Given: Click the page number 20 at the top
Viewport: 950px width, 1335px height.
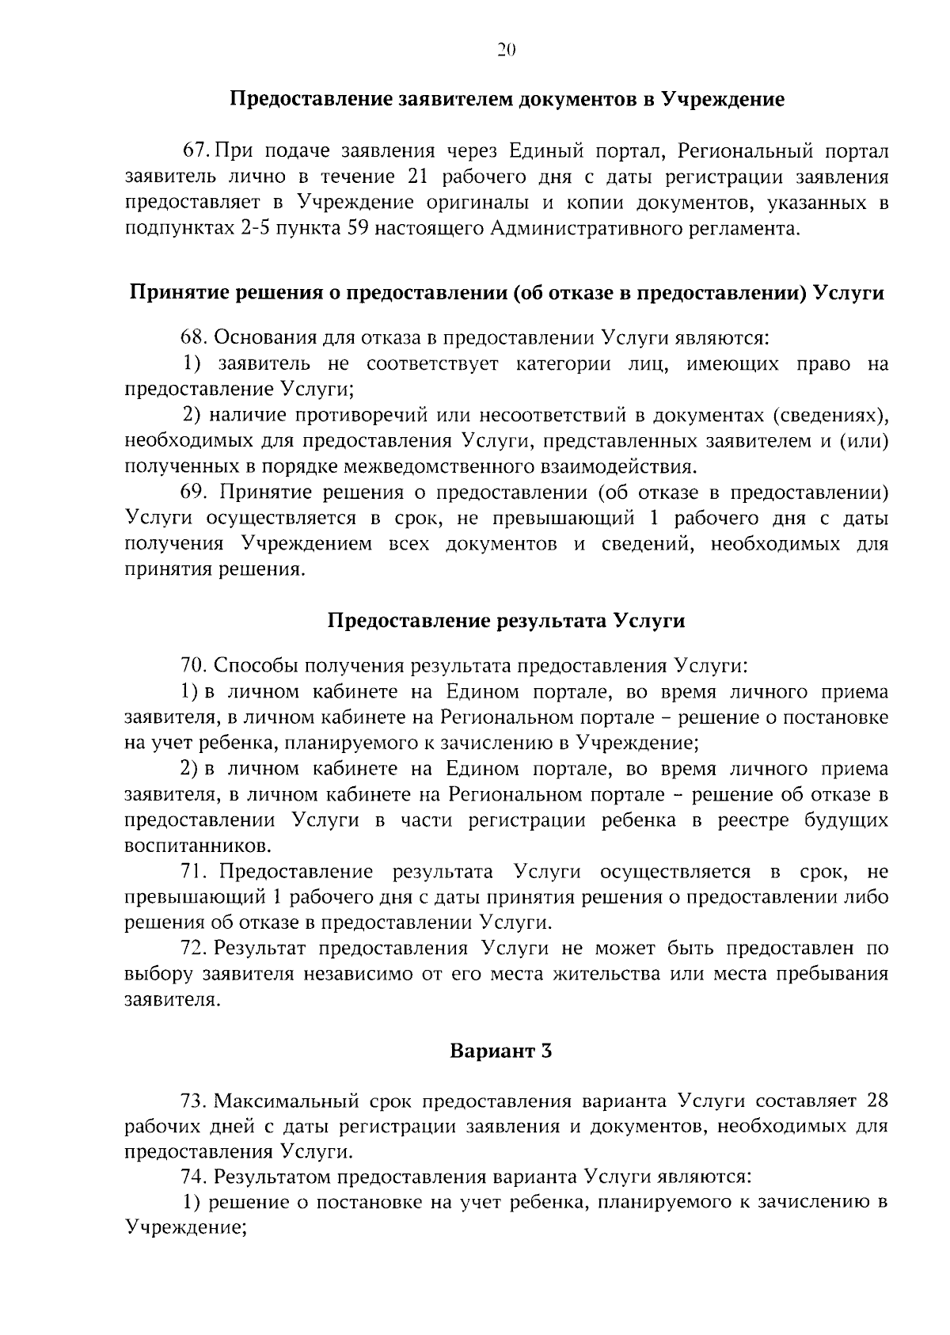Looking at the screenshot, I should click(507, 51).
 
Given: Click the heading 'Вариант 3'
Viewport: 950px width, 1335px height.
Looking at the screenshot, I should click(500, 1052).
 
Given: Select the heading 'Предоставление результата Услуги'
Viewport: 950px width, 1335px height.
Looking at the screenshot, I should click(507, 621).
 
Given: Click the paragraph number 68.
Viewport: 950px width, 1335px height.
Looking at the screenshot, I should click(194, 337).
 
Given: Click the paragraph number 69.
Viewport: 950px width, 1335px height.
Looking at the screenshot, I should click(194, 493).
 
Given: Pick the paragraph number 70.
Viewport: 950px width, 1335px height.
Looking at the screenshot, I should click(194, 665).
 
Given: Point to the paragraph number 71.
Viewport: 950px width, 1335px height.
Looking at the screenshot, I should click(194, 872).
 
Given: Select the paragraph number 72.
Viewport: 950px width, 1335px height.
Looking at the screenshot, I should click(194, 949).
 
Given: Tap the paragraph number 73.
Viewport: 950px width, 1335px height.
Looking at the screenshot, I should click(194, 1101).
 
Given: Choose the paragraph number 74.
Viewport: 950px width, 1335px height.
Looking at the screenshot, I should click(194, 1177).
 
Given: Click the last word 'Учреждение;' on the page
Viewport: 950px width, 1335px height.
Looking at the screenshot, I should click(187, 1228).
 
